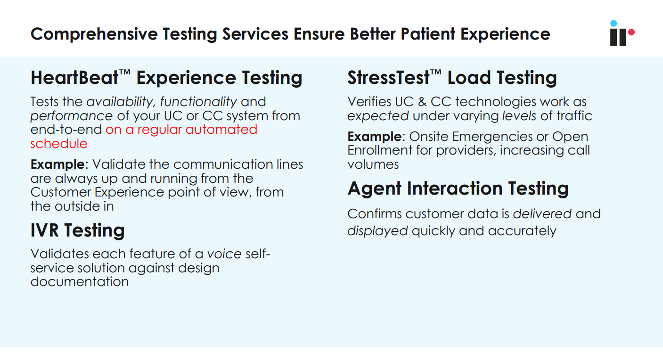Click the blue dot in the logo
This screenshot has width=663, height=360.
(613, 24)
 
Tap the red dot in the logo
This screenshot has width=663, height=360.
(631, 32)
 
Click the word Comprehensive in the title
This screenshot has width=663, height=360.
(94, 34)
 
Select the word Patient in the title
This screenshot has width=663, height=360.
(428, 34)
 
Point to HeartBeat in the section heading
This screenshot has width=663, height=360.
(74, 78)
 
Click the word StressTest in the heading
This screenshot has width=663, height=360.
(388, 78)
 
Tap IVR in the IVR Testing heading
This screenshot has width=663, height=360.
(45, 230)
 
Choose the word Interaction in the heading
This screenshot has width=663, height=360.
(455, 188)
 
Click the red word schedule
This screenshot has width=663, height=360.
(59, 144)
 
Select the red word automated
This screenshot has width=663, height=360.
(221, 130)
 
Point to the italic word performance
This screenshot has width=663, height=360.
(72, 116)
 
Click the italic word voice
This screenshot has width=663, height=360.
(224, 254)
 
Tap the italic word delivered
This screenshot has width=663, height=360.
(542, 214)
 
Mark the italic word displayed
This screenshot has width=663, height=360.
(377, 231)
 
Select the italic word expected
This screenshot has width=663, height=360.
(378, 116)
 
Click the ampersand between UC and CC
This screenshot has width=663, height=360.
(422, 102)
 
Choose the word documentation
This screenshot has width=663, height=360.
(80, 282)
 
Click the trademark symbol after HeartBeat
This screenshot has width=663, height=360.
(124, 73)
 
